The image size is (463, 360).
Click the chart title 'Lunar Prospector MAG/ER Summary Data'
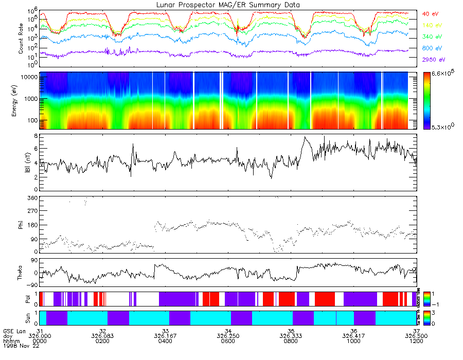[x=229, y=5]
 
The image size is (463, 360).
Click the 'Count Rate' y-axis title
[x=21, y=39]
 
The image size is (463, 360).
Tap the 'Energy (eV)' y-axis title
[x=21, y=101]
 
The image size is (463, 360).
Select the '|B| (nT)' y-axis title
[x=21, y=163]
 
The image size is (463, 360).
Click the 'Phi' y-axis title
[x=21, y=224]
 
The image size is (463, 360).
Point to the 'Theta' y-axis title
[x=21, y=274]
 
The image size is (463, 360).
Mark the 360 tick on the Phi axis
[x=32, y=198]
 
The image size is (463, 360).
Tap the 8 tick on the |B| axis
[x=35, y=136]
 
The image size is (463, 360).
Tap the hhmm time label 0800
[x=291, y=341]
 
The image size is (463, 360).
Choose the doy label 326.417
[x=353, y=336]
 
